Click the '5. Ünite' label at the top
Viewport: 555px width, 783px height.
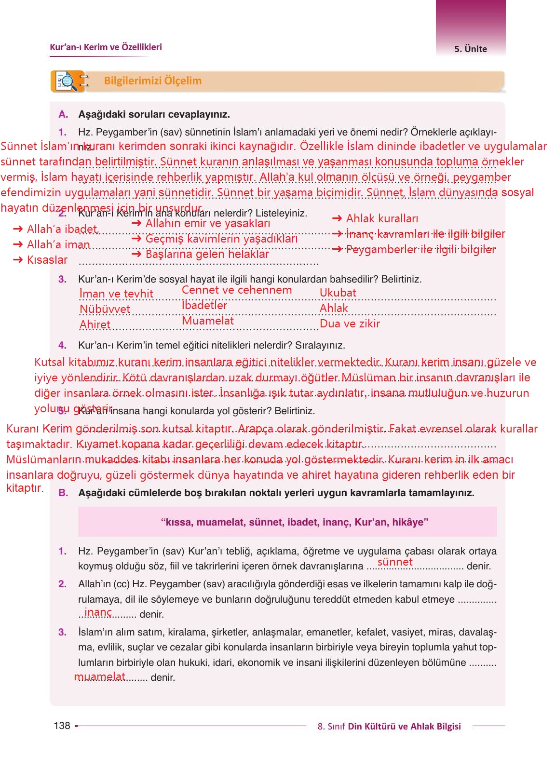[471, 49]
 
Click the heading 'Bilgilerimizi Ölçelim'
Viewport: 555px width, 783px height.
[153, 81]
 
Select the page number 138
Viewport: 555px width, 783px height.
[62, 726]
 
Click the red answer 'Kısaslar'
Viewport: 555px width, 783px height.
[47, 260]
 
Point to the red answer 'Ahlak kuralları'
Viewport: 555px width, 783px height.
[382, 218]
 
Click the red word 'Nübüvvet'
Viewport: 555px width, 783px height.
[105, 309]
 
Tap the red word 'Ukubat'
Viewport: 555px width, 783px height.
[338, 293]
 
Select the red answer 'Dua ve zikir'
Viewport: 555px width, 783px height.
[350, 324]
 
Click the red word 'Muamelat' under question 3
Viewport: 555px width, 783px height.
[208, 321]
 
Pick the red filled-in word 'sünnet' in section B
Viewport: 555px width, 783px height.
[395, 562]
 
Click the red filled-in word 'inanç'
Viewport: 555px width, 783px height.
[98, 612]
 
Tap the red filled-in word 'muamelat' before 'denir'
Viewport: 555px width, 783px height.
[100, 676]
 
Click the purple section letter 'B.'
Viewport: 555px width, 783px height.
[63, 493]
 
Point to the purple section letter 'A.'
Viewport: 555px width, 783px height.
[63, 114]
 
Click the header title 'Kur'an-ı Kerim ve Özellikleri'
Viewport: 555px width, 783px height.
[106, 47]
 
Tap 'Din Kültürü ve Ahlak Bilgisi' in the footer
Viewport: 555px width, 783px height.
[404, 726]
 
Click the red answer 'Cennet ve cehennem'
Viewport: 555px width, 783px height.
[237, 290]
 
